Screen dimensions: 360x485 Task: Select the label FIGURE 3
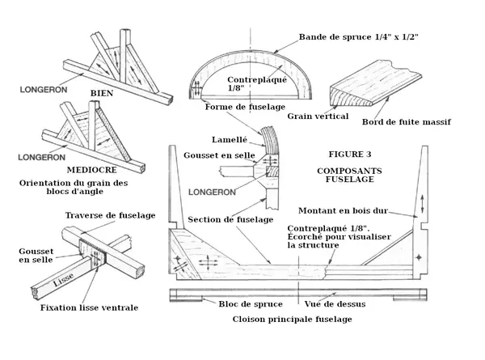pos(350,154)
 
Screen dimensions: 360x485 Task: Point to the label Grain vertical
pos(322,116)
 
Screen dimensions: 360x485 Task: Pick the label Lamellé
pos(228,138)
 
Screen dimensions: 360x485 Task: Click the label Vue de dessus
pos(335,304)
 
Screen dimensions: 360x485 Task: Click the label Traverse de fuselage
pos(110,214)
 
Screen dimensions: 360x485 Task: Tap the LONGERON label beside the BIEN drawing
pos(38,83)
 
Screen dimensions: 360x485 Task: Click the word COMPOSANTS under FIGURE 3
pos(350,172)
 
